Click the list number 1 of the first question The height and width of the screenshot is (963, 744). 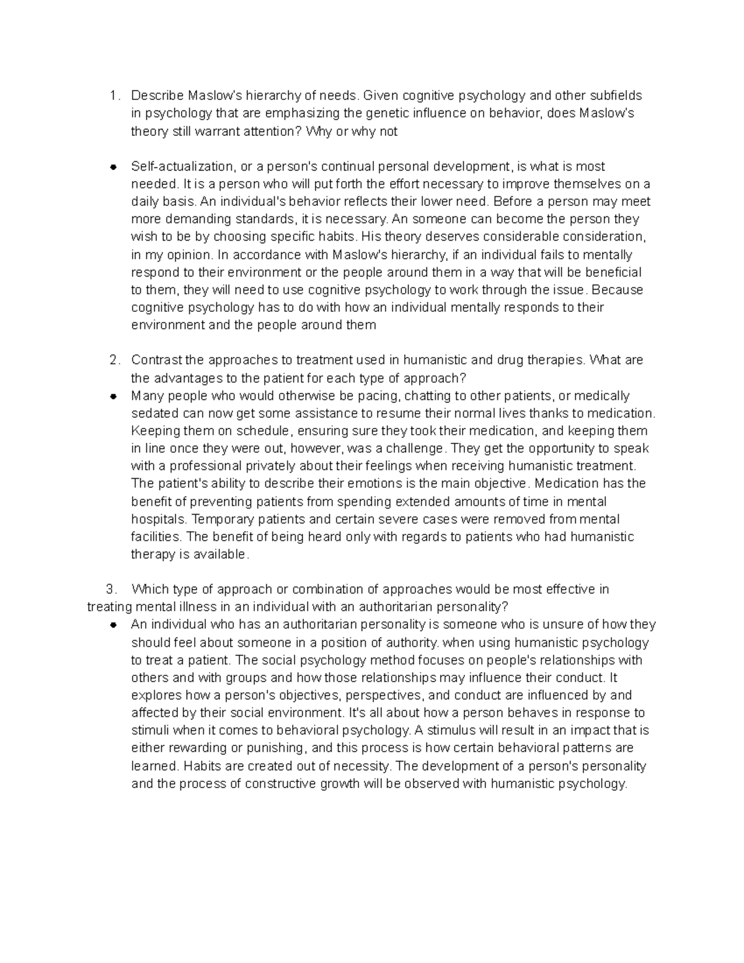coord(112,96)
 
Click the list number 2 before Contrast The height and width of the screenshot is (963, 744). coord(113,360)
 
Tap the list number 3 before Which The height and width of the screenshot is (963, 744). coord(110,589)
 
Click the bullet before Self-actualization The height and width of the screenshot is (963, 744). coord(113,167)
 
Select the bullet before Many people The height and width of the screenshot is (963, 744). coord(113,396)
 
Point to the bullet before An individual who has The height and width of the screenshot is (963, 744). coord(113,625)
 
